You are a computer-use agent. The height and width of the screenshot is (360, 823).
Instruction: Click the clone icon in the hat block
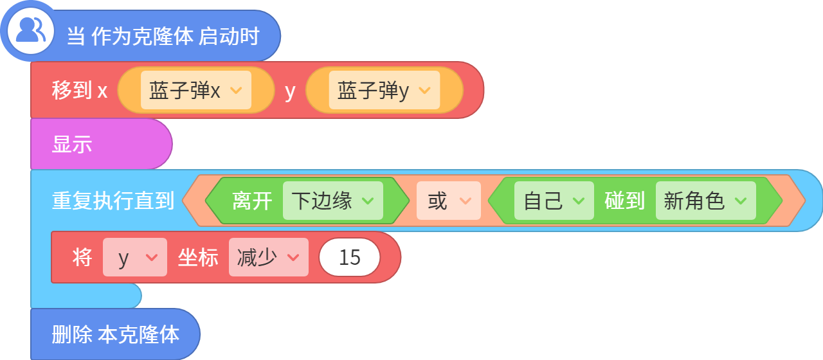coord(31,31)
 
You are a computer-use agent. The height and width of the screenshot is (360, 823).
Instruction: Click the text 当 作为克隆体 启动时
coord(163,36)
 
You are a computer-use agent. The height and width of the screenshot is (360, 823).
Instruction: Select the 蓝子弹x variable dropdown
coord(196,90)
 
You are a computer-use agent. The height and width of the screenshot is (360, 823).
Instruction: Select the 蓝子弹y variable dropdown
coord(384,90)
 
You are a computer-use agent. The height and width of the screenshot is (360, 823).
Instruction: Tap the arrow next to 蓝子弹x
coord(236,90)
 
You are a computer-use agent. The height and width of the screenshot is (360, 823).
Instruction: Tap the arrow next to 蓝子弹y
coord(424,90)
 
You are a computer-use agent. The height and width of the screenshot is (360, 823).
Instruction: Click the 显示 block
coord(102,143)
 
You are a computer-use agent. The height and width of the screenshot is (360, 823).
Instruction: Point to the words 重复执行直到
coord(113,201)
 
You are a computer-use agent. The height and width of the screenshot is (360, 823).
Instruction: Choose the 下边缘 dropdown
coord(333,201)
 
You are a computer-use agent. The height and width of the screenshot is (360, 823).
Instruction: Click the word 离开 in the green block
coord(252,201)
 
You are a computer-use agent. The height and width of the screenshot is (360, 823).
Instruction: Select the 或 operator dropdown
coord(449,201)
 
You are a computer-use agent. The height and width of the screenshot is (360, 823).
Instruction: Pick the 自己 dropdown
coord(554,201)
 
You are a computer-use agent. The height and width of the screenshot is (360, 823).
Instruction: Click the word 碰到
coord(624,201)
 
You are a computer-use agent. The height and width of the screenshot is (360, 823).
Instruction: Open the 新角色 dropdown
coord(706,201)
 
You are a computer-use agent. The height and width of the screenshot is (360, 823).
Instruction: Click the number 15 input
coord(349,257)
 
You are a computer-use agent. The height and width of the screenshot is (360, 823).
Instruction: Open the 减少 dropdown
coord(269,257)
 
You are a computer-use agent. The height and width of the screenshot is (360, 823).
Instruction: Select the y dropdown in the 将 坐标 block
coord(135,257)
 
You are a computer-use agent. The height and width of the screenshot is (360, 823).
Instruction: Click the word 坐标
coord(198,257)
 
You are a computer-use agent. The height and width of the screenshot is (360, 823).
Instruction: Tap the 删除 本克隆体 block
coord(115,334)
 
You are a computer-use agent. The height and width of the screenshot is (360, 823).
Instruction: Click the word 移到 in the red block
coord(71,90)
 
